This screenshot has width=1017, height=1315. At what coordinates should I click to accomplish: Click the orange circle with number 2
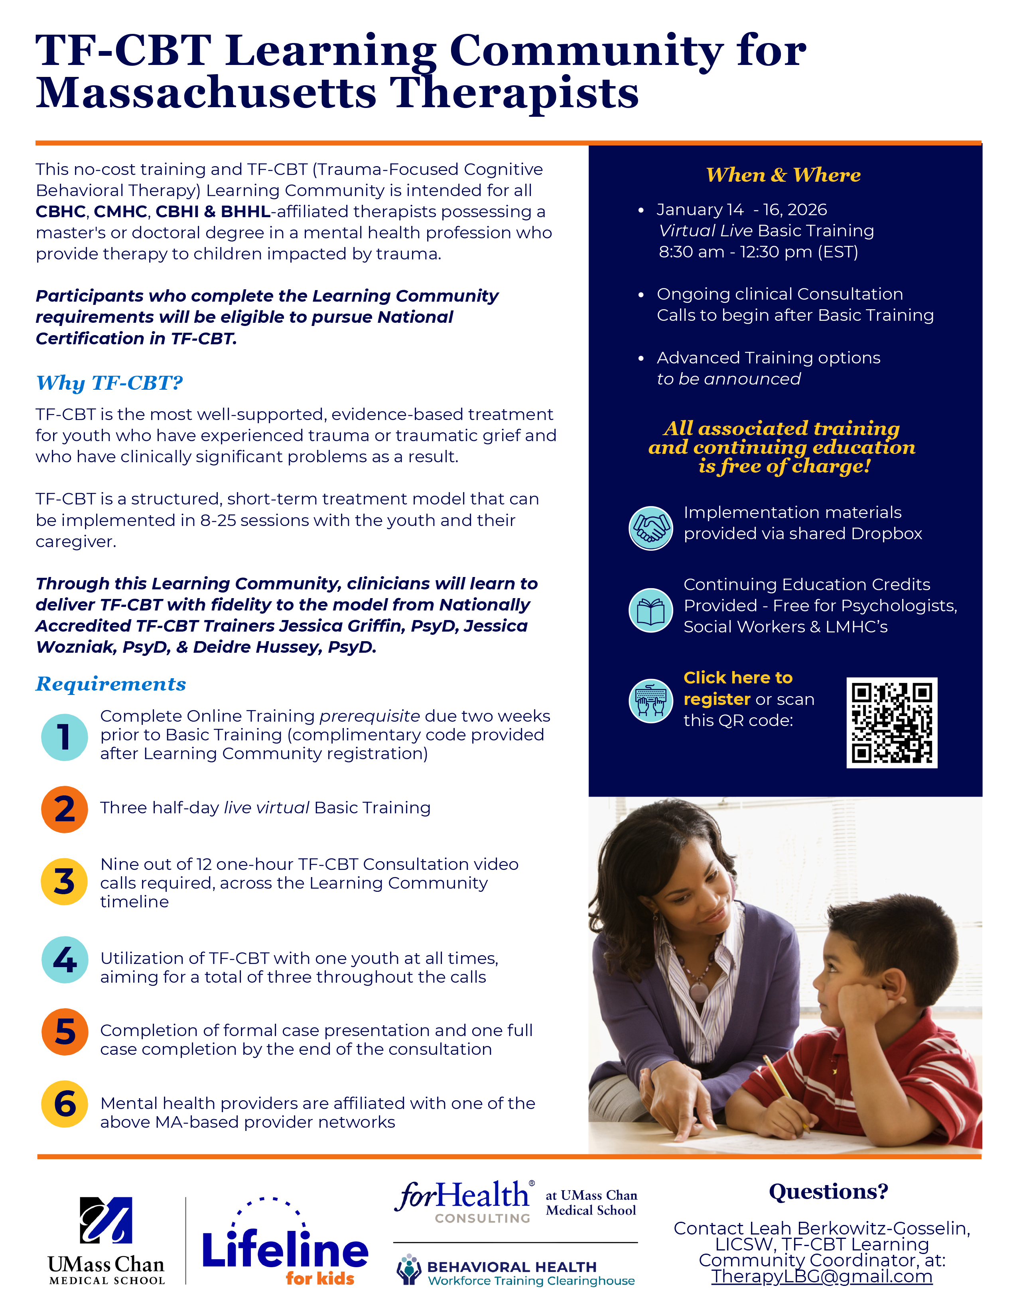click(65, 809)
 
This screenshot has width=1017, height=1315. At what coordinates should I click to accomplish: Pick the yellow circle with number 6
click(65, 1104)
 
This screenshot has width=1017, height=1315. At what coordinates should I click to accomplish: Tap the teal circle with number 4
click(65, 960)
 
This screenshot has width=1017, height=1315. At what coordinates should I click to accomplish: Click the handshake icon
click(651, 528)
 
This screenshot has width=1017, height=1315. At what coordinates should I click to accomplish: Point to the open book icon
click(651, 610)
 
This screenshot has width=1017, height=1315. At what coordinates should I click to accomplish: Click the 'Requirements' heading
click(111, 683)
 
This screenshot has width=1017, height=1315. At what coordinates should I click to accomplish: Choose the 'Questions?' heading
click(828, 1191)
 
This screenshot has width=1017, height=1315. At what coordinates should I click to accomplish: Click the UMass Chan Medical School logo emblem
click(106, 1220)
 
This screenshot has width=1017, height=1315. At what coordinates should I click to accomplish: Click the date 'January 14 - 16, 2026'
click(741, 210)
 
